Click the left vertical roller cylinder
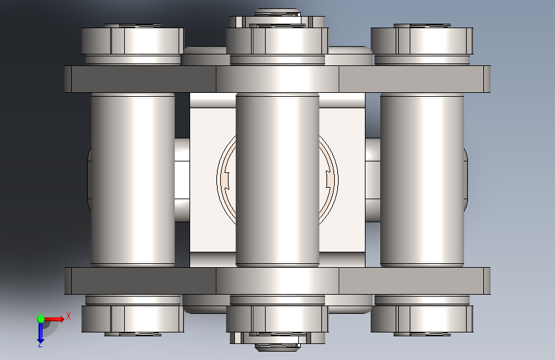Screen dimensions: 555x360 pos(133,179)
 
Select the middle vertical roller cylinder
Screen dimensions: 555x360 pos(278,179)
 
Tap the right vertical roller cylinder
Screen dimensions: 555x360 pos(422,179)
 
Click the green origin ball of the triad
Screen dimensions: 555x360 pos(40,319)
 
